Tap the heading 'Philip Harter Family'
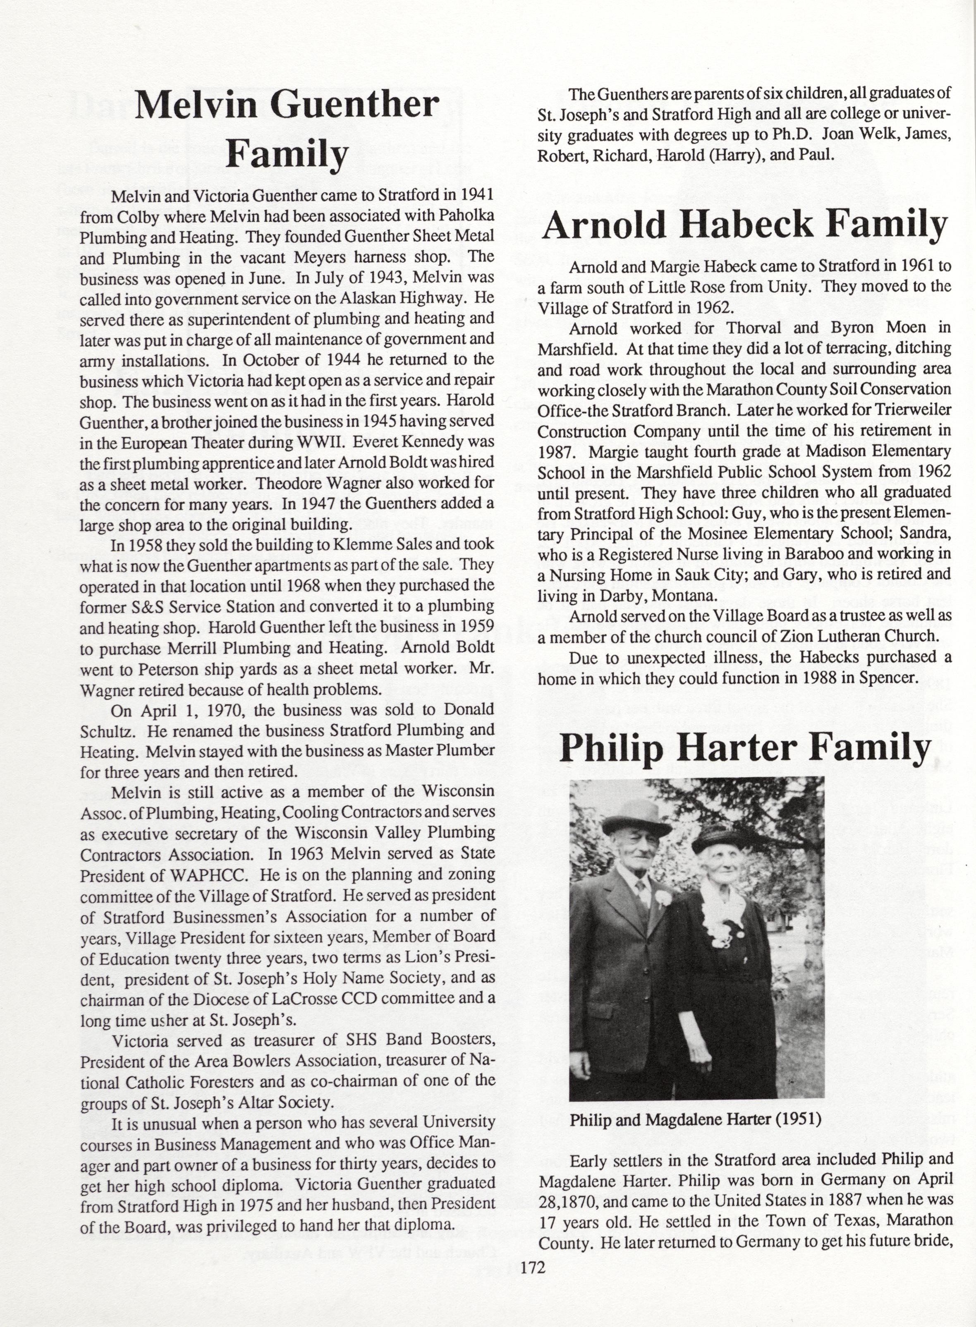tap(744, 749)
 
